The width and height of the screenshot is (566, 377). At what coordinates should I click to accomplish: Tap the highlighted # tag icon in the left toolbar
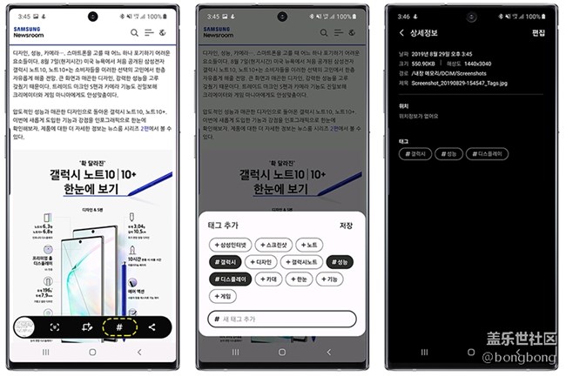click(118, 327)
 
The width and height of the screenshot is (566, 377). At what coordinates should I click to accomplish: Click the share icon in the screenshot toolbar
click(152, 327)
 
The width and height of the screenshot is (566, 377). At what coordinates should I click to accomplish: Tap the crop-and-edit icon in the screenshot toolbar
click(86, 327)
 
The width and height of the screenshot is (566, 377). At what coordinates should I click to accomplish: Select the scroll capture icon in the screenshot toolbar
click(54, 327)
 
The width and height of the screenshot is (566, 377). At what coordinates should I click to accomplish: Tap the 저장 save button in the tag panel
click(346, 225)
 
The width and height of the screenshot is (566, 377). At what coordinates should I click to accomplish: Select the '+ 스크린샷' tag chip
click(273, 245)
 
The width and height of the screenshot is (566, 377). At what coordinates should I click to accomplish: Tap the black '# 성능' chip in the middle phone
click(340, 261)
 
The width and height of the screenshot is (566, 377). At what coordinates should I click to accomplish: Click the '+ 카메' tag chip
click(267, 279)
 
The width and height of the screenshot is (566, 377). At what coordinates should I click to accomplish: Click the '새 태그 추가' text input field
click(282, 320)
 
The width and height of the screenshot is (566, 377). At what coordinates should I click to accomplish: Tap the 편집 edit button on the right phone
click(538, 33)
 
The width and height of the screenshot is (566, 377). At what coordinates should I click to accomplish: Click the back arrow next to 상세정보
click(400, 33)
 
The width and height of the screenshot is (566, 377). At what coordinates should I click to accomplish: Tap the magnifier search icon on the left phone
click(134, 33)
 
